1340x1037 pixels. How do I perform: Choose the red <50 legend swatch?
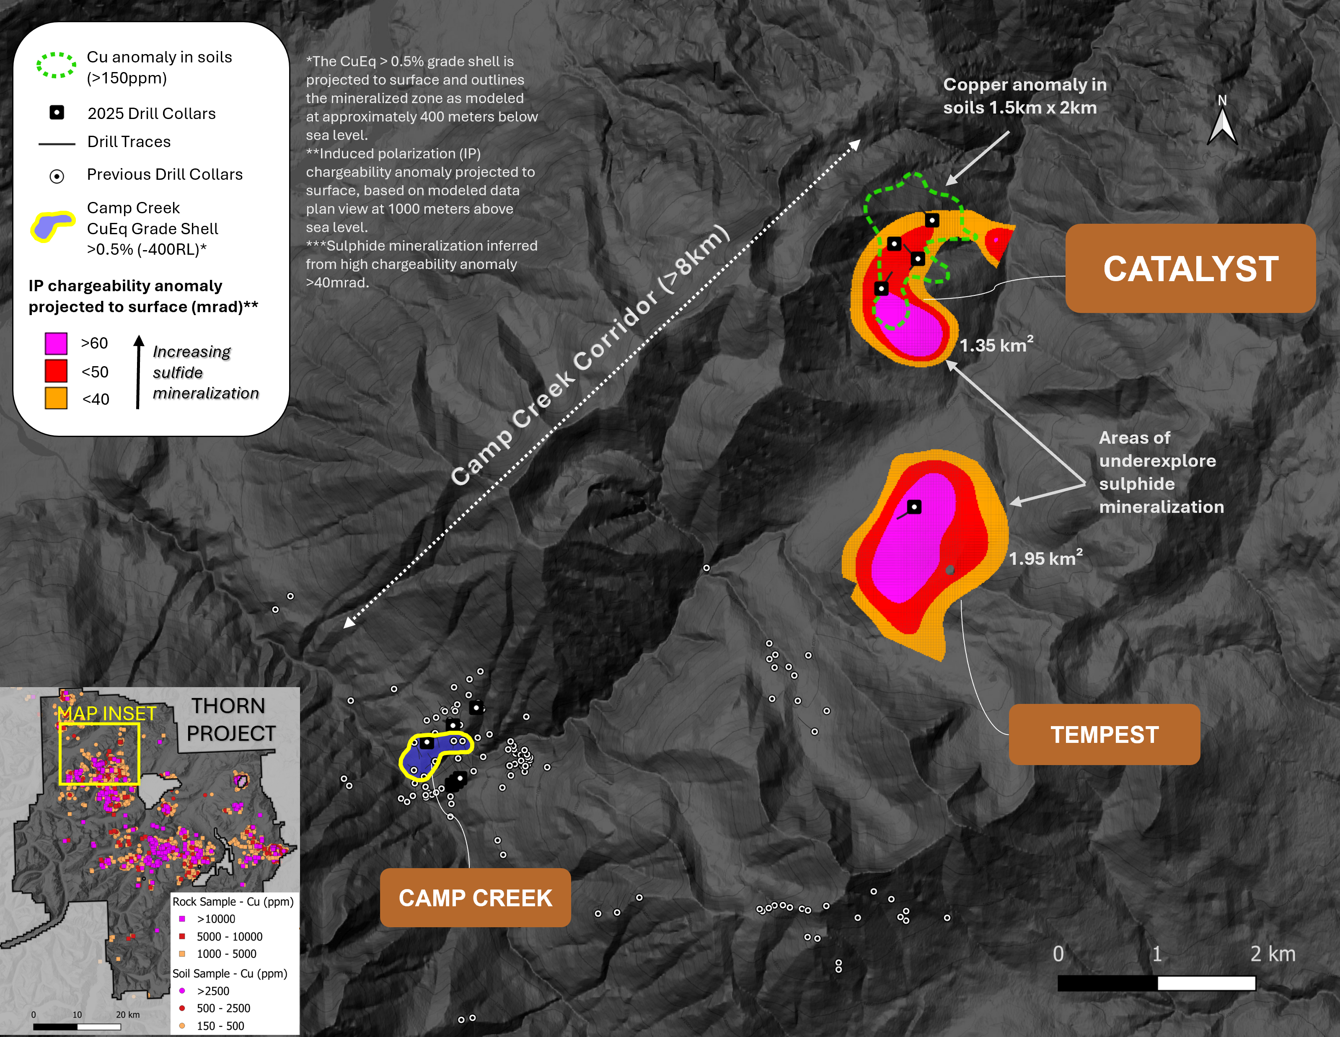(x=56, y=371)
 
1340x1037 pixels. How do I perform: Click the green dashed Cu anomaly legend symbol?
(x=56, y=65)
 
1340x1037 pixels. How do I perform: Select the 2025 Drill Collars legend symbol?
(x=57, y=113)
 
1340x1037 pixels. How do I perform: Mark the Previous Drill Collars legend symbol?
(x=57, y=176)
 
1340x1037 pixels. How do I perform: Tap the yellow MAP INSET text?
(x=107, y=714)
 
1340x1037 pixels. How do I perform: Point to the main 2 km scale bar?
(x=1156, y=983)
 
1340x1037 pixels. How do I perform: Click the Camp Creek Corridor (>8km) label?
(x=590, y=355)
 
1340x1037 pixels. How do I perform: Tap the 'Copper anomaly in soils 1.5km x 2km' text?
(x=1024, y=96)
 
